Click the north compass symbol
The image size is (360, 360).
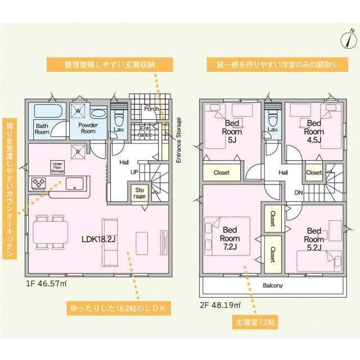tap(348, 39)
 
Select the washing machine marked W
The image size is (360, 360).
tap(79, 111)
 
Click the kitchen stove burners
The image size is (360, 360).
tap(40, 182)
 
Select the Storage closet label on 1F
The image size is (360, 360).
tap(139, 193)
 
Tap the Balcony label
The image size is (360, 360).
tap(272, 285)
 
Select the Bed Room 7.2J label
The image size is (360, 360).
tap(230, 238)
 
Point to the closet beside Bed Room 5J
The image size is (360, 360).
tap(221, 173)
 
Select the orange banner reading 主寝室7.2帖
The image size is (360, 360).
tap(253, 324)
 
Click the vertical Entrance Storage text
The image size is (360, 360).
tap(179, 140)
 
